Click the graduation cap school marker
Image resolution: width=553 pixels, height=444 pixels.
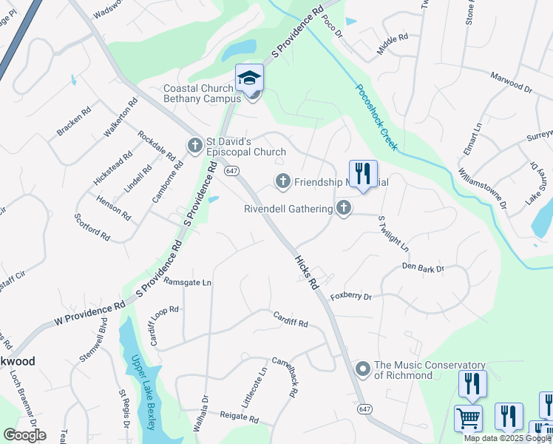[250, 77]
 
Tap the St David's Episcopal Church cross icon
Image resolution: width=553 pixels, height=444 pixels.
[195, 144]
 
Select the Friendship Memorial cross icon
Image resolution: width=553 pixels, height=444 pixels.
[282, 181]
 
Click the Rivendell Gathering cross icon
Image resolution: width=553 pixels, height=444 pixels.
[343, 208]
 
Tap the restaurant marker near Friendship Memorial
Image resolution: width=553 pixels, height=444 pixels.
[363, 174]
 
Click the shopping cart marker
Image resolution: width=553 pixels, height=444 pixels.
[468, 418]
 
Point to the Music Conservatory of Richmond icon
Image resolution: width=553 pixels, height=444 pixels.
[363, 368]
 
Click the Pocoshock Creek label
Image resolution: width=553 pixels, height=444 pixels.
[377, 116]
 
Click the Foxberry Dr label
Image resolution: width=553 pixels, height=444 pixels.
[350, 296]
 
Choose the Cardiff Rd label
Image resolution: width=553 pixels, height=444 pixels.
[289, 320]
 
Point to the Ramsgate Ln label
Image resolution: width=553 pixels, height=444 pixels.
[187, 282]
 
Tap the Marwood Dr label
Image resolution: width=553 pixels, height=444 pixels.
[512, 81]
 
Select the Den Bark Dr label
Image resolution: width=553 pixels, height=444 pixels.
[423, 267]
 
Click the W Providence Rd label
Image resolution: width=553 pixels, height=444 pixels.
[90, 313]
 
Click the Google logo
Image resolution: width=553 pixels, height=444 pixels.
[24, 434]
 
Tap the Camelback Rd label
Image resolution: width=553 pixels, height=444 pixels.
[283, 378]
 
